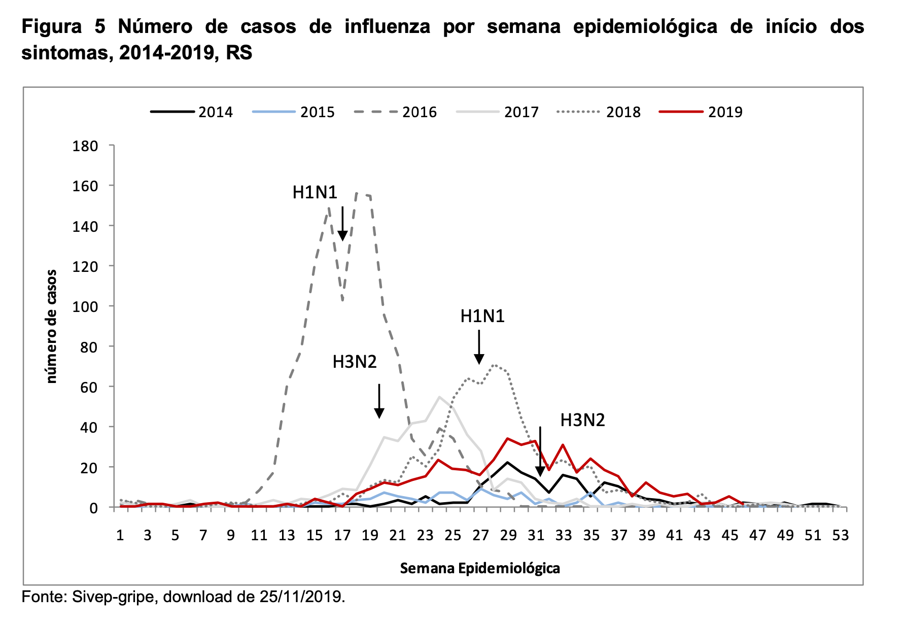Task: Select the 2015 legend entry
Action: pyautogui.click(x=294, y=112)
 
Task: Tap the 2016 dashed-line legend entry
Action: pyautogui.click(x=396, y=112)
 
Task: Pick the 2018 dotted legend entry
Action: pyautogui.click(x=599, y=112)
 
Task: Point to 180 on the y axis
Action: pyautogui.click(x=85, y=146)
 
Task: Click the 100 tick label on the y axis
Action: pyautogui.click(x=85, y=306)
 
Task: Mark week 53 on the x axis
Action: pyautogui.click(x=841, y=536)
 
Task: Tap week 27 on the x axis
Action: pyautogui.click(x=480, y=536)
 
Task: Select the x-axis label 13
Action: pyautogui.click(x=287, y=536)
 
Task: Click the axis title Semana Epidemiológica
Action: pyautogui.click(x=480, y=568)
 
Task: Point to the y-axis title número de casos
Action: pyautogui.click(x=52, y=326)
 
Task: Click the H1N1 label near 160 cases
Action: pyautogui.click(x=315, y=192)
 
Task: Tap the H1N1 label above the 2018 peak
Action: pyautogui.click(x=482, y=317)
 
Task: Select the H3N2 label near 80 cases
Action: pyautogui.click(x=355, y=362)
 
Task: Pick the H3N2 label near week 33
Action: pyautogui.click(x=582, y=420)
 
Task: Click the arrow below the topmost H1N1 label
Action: pyautogui.click(x=342, y=224)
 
